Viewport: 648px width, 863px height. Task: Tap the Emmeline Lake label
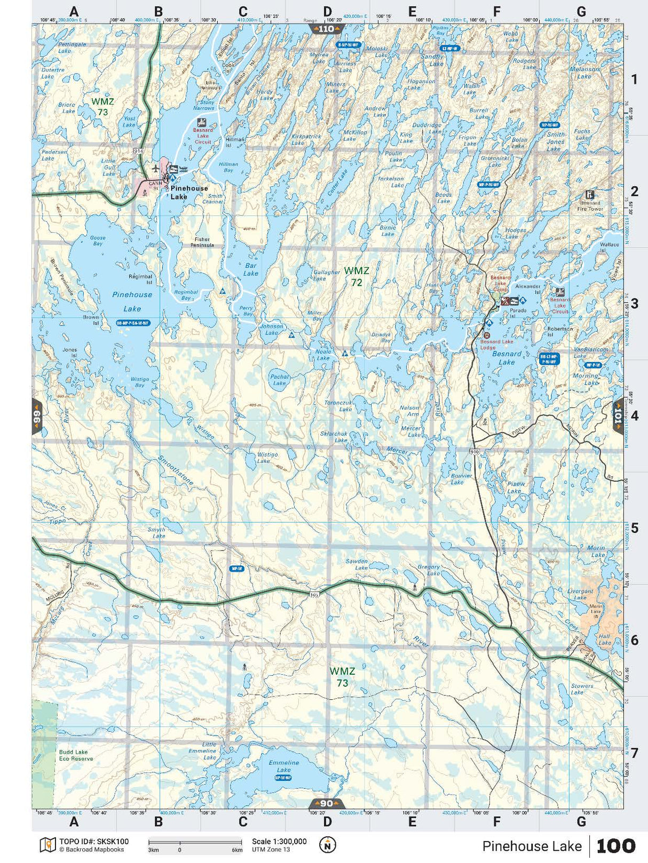pyautogui.click(x=284, y=766)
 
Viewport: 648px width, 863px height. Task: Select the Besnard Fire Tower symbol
pyautogui.click(x=590, y=195)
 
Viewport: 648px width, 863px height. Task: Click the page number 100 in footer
pyautogui.click(x=615, y=846)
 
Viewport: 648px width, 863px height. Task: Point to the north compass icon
pyautogui.click(x=327, y=845)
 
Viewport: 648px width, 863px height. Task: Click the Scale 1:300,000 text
pyautogui.click(x=279, y=842)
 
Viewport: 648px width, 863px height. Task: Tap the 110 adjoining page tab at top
pyautogui.click(x=326, y=29)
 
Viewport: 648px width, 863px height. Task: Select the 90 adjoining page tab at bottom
pyautogui.click(x=326, y=803)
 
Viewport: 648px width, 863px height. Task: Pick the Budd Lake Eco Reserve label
pyautogui.click(x=76, y=755)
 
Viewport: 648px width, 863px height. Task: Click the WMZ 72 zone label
pyautogui.click(x=356, y=276)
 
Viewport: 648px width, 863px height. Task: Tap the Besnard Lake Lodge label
pyautogui.click(x=496, y=344)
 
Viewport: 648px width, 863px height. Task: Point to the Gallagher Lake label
pyautogui.click(x=326, y=275)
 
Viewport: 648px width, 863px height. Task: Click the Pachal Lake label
pyautogui.click(x=279, y=380)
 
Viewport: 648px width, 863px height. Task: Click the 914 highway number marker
pyautogui.click(x=139, y=151)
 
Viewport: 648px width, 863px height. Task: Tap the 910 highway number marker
pyautogui.click(x=475, y=451)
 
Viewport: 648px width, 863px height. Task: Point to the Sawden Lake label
pyautogui.click(x=357, y=564)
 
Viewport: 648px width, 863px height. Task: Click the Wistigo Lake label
pyautogui.click(x=267, y=458)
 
